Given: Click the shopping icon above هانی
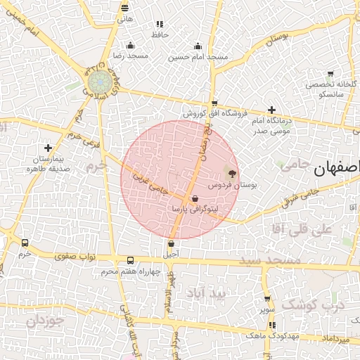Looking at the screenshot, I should [x=124, y=8].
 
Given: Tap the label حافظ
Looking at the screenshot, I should [x=160, y=34].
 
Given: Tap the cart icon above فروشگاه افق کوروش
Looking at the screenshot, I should [x=214, y=103].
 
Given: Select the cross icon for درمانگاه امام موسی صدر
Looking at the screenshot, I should [x=271, y=110].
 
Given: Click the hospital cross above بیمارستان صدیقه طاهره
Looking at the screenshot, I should [x=47, y=148].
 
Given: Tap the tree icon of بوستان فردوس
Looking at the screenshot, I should [x=232, y=172].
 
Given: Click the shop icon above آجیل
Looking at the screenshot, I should [x=171, y=243].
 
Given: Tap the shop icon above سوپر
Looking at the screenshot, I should [x=266, y=298].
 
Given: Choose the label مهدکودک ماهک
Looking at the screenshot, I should [x=263, y=336].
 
